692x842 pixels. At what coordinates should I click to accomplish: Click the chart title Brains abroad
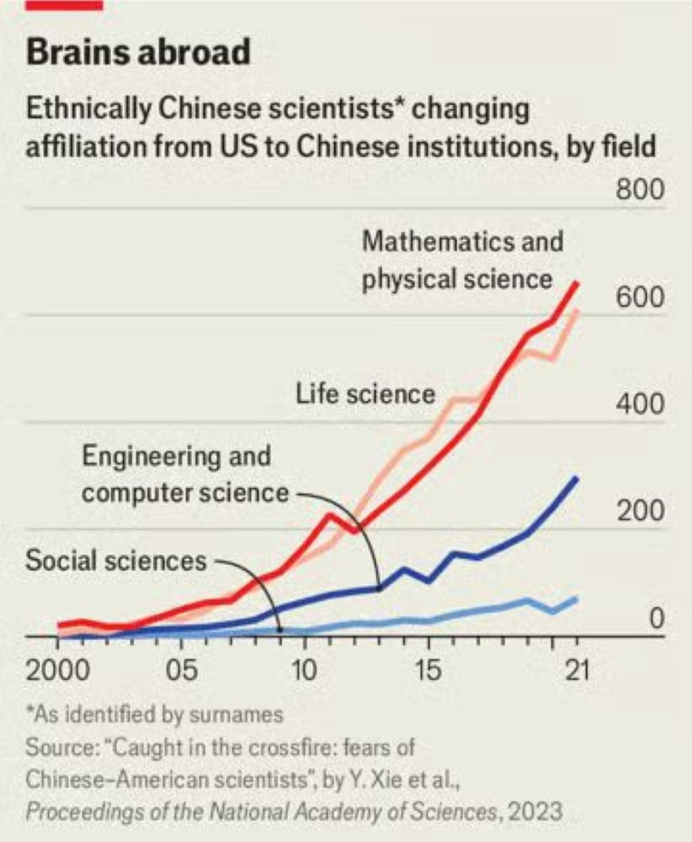tap(138, 53)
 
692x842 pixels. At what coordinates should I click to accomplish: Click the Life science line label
tap(366, 394)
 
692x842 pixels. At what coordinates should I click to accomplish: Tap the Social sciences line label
tap(116, 561)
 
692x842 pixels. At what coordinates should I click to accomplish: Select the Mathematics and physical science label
tap(462, 259)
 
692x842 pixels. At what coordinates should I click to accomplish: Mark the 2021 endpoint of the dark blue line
tap(577, 478)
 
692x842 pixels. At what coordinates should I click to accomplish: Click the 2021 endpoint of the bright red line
tap(577, 283)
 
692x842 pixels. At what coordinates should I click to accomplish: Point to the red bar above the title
tap(65, 5)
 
